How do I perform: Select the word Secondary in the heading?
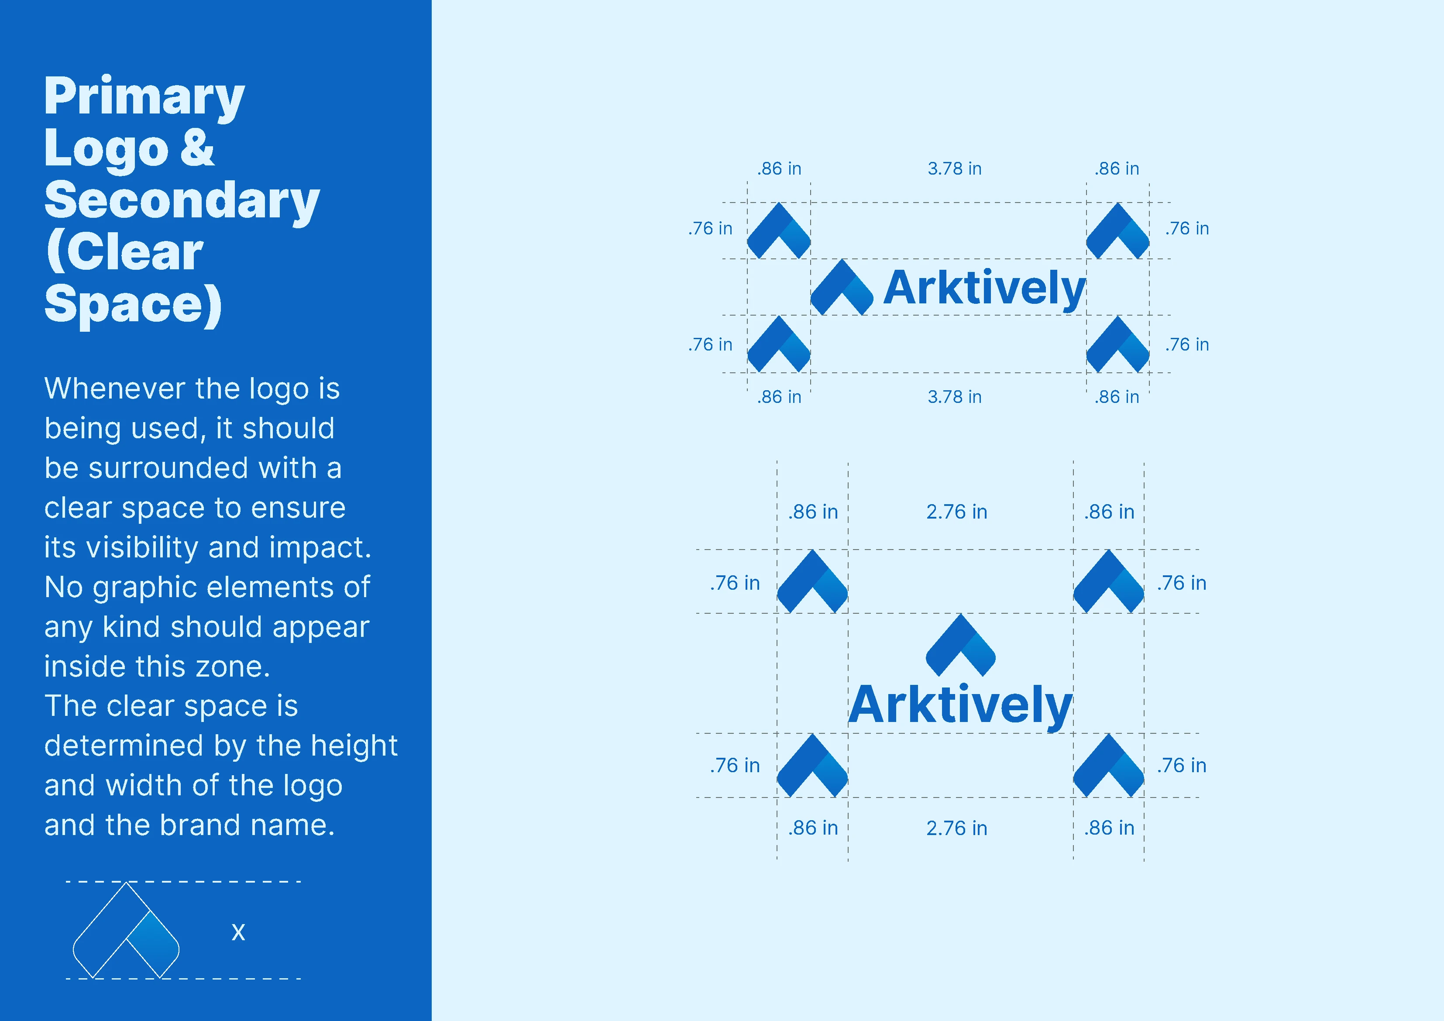(x=182, y=201)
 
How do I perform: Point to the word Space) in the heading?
(x=133, y=305)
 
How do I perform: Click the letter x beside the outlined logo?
(x=238, y=932)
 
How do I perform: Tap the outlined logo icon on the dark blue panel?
(x=126, y=930)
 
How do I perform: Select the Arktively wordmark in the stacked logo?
(x=960, y=706)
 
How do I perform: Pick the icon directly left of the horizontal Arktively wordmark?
(x=842, y=288)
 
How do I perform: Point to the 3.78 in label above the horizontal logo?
(x=954, y=168)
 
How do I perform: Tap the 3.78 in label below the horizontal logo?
(x=954, y=397)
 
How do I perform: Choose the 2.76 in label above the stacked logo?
(x=956, y=512)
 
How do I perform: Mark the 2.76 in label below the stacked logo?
(x=956, y=828)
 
